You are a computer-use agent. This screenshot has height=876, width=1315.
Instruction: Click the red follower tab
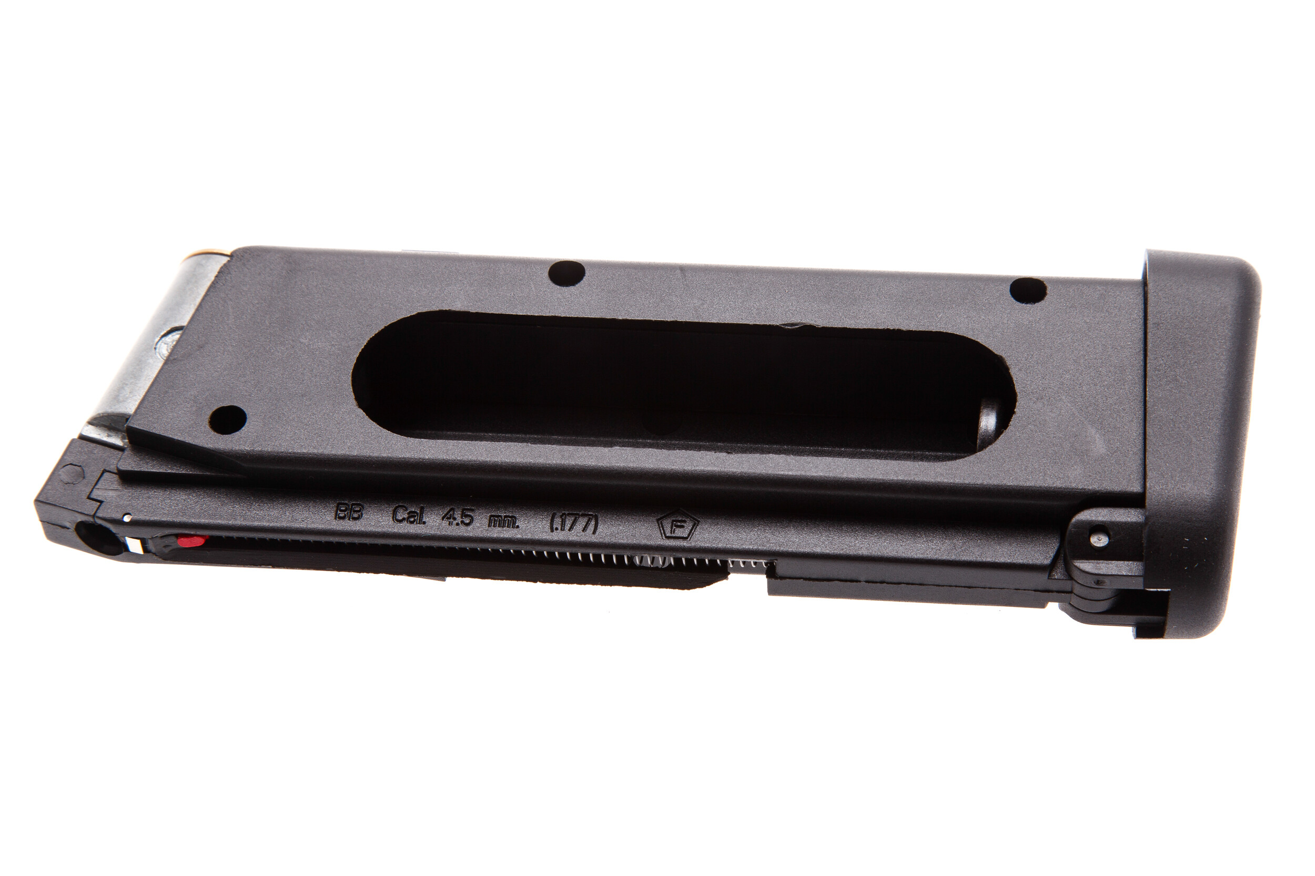tap(192, 540)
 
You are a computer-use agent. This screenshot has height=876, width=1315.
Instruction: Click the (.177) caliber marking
tap(574, 524)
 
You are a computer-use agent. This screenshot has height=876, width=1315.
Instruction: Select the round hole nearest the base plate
tap(1028, 291)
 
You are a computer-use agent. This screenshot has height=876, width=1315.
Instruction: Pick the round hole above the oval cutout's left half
tap(567, 274)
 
